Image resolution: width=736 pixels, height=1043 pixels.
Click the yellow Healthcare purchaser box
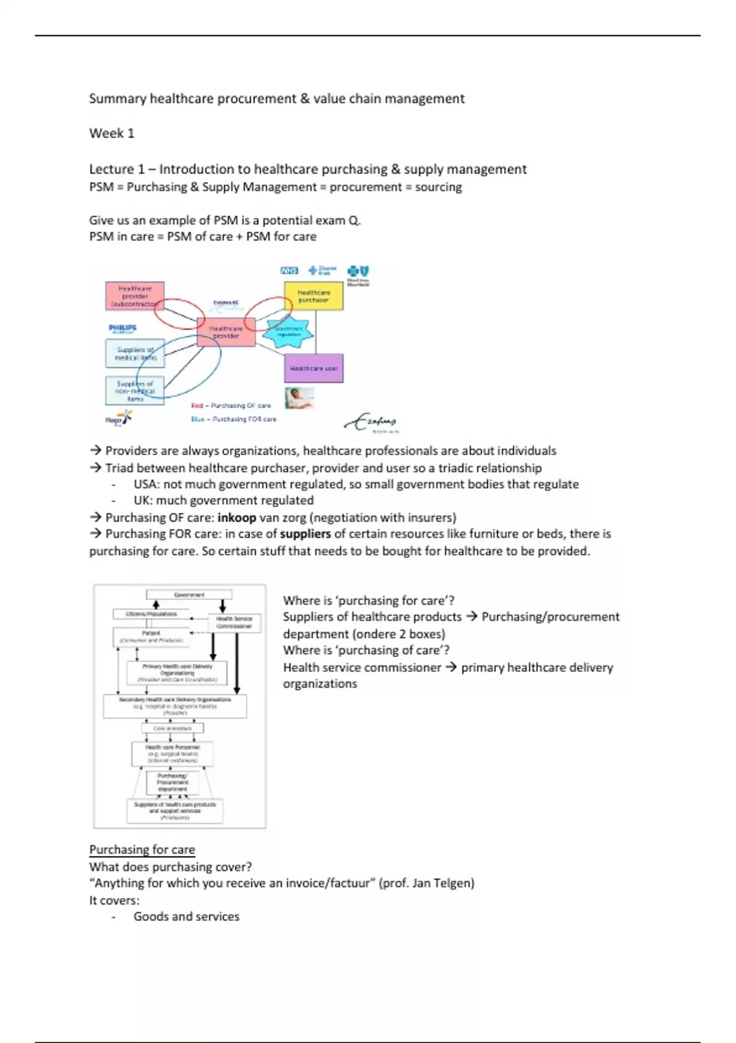tap(313, 296)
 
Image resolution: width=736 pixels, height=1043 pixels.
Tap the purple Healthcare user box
tap(313, 368)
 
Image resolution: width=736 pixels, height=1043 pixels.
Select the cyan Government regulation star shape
tap(288, 333)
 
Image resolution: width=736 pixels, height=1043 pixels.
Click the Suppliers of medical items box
tap(135, 353)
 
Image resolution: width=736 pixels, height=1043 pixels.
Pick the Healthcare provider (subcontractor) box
tap(134, 296)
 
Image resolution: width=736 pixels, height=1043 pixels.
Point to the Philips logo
tap(123, 328)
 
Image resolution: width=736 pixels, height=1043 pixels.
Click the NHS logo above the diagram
tap(289, 271)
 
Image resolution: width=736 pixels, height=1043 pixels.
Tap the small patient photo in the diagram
tap(299, 398)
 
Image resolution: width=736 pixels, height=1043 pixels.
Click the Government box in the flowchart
tap(189, 595)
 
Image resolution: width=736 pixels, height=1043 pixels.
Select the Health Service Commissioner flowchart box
tap(234, 622)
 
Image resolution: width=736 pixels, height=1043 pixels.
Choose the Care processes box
tap(172, 728)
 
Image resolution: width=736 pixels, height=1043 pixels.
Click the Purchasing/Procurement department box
tap(172, 782)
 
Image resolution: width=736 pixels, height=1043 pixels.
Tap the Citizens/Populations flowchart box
tap(151, 614)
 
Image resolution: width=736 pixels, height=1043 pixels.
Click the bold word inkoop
tap(237, 517)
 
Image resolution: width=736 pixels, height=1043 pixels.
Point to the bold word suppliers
tap(305, 534)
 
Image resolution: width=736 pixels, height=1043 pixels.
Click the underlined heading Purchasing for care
tap(142, 850)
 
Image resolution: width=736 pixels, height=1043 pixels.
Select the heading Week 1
tap(112, 133)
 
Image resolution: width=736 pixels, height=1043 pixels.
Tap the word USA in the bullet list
tap(146, 484)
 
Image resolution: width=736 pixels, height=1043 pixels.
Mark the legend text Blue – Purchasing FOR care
tap(234, 419)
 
